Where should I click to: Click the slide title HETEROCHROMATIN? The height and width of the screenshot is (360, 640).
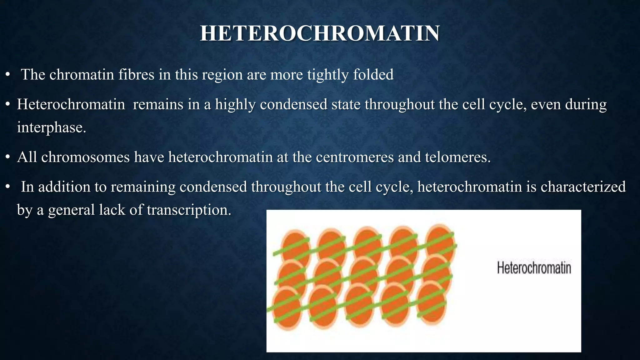click(320, 33)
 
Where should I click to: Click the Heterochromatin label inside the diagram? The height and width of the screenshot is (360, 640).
click(534, 268)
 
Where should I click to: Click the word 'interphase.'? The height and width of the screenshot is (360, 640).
click(51, 127)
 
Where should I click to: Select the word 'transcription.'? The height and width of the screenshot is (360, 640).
click(189, 210)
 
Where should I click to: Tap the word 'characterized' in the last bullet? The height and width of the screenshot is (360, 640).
click(583, 187)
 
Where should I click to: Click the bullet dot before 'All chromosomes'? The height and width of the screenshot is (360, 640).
click(8, 157)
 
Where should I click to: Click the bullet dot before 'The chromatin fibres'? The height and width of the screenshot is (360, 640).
click(8, 75)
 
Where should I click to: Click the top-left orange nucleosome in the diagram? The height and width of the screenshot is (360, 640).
click(295, 246)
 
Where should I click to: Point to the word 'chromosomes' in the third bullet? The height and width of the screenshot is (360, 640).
click(85, 157)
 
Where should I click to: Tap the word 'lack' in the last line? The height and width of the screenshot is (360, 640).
click(112, 210)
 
